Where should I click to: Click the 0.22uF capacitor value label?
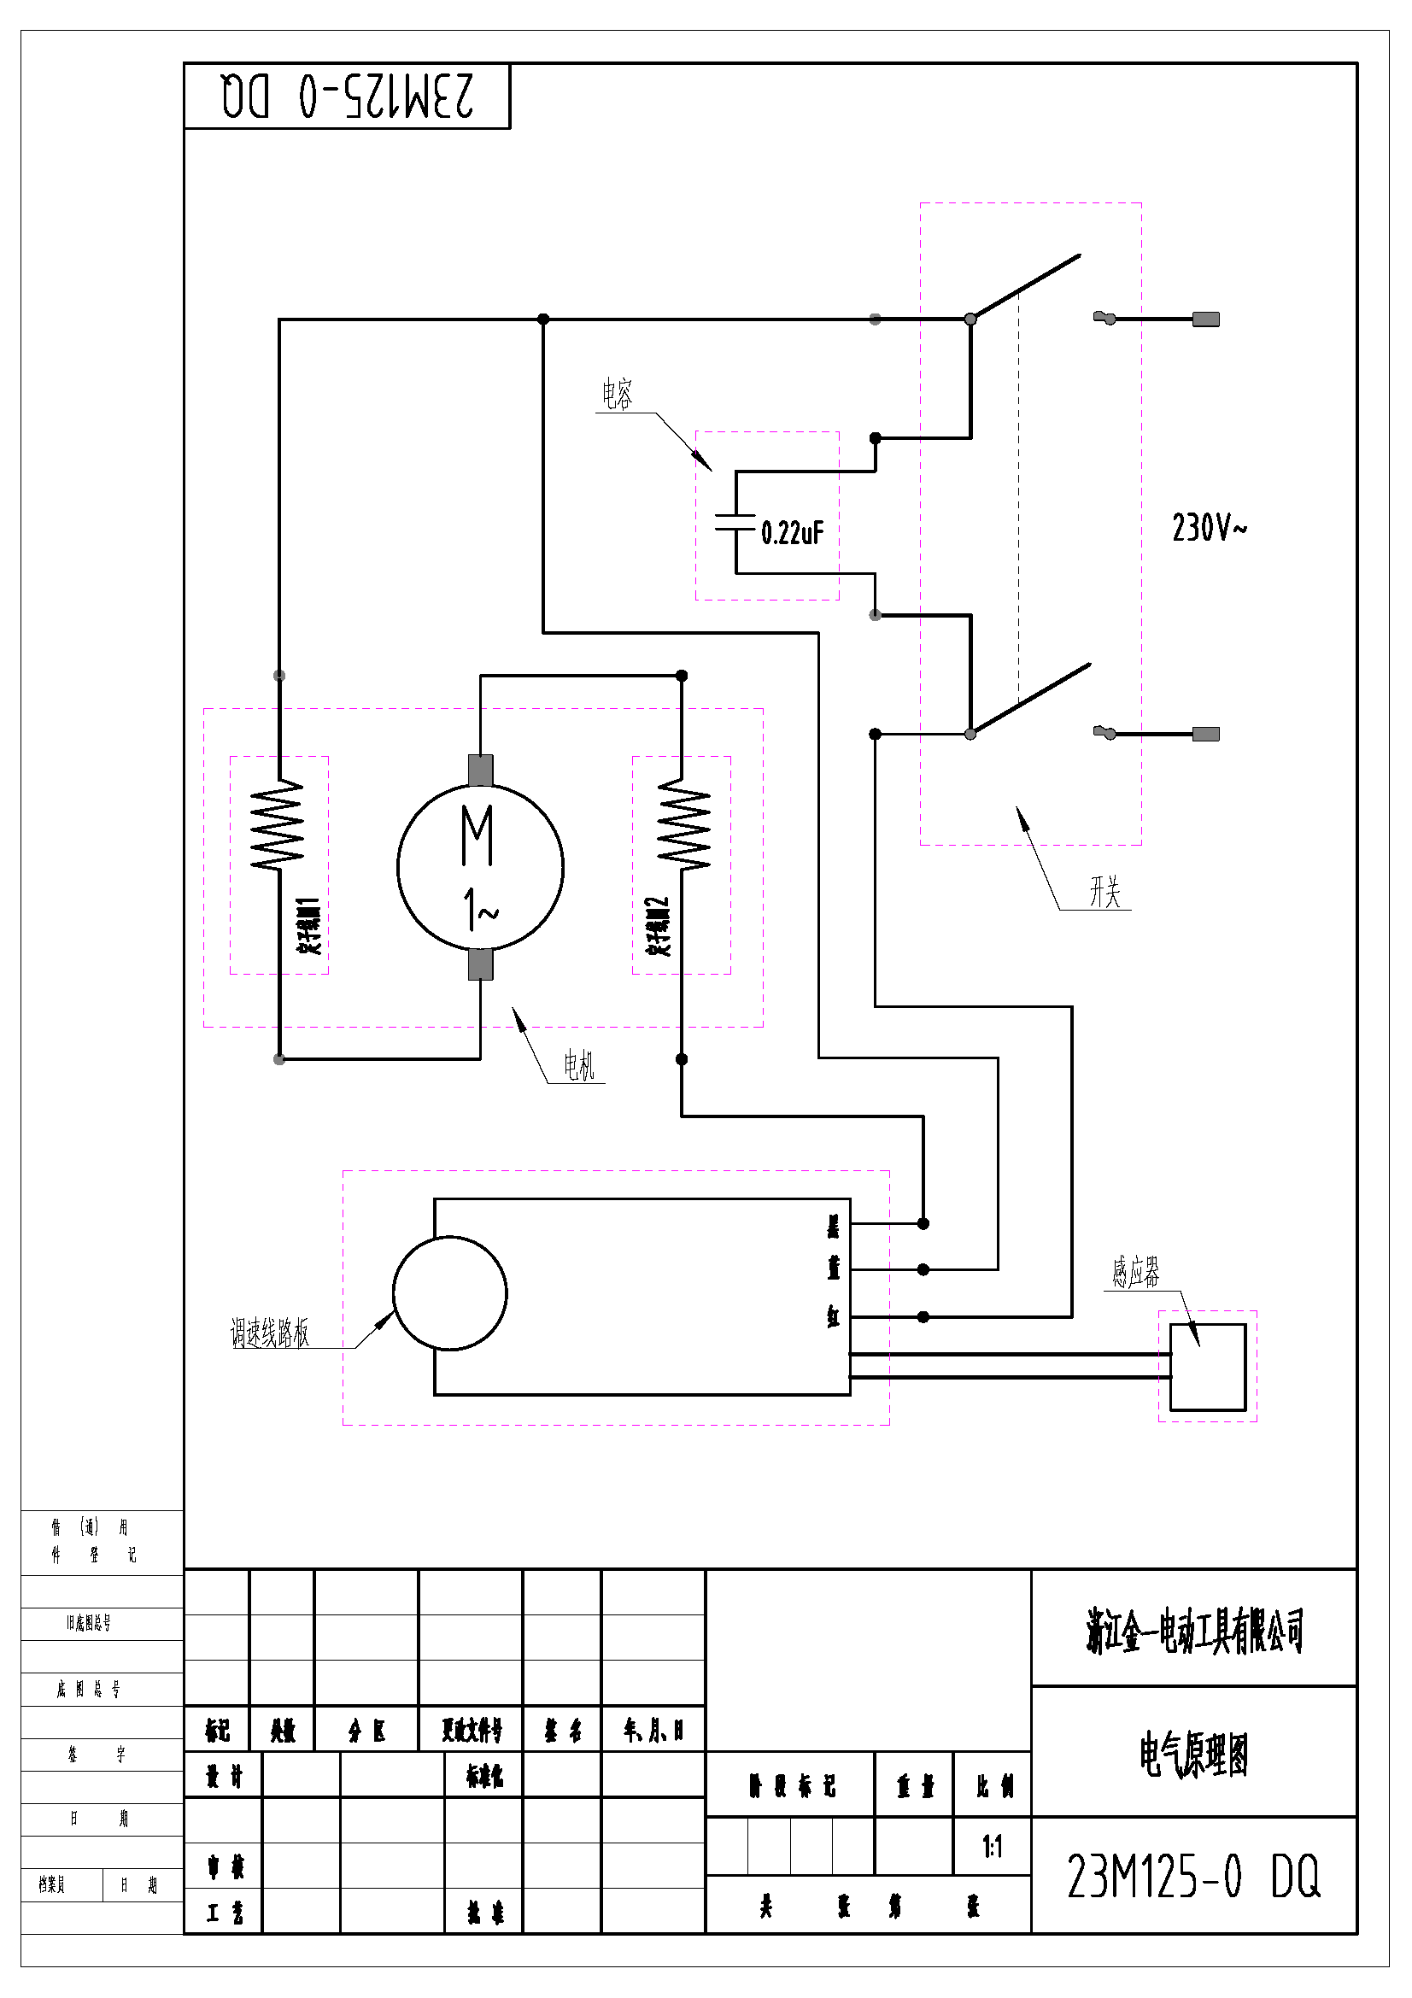792,532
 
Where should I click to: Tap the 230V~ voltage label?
1209,527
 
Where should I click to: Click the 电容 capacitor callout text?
617,394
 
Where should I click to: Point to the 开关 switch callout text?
1104,892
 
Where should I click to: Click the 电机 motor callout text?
578,1065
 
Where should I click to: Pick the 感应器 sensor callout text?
1135,1272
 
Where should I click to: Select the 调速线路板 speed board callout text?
270,1333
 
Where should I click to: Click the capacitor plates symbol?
735,522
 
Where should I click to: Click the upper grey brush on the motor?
480,770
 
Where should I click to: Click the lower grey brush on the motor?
480,964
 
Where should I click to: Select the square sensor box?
1208,1366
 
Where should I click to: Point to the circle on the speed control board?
450,1293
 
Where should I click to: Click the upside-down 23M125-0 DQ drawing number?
347,96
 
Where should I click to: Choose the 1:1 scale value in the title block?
992,1846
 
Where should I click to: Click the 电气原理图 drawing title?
1193,1755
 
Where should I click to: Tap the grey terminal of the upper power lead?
1205,319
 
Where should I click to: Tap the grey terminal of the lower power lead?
1205,734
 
